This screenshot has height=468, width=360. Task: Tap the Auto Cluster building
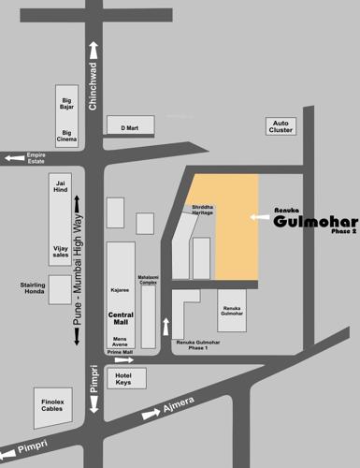[x=281, y=126]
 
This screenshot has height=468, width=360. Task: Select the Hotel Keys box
[x=123, y=378]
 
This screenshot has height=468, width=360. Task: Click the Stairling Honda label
[x=33, y=288]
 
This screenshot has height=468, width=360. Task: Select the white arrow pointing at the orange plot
[x=261, y=217]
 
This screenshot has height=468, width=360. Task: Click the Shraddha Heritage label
[x=203, y=210]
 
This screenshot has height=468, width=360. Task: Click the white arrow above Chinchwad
[x=94, y=51]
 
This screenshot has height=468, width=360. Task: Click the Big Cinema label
[x=66, y=137]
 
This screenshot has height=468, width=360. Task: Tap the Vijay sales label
[x=61, y=250]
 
